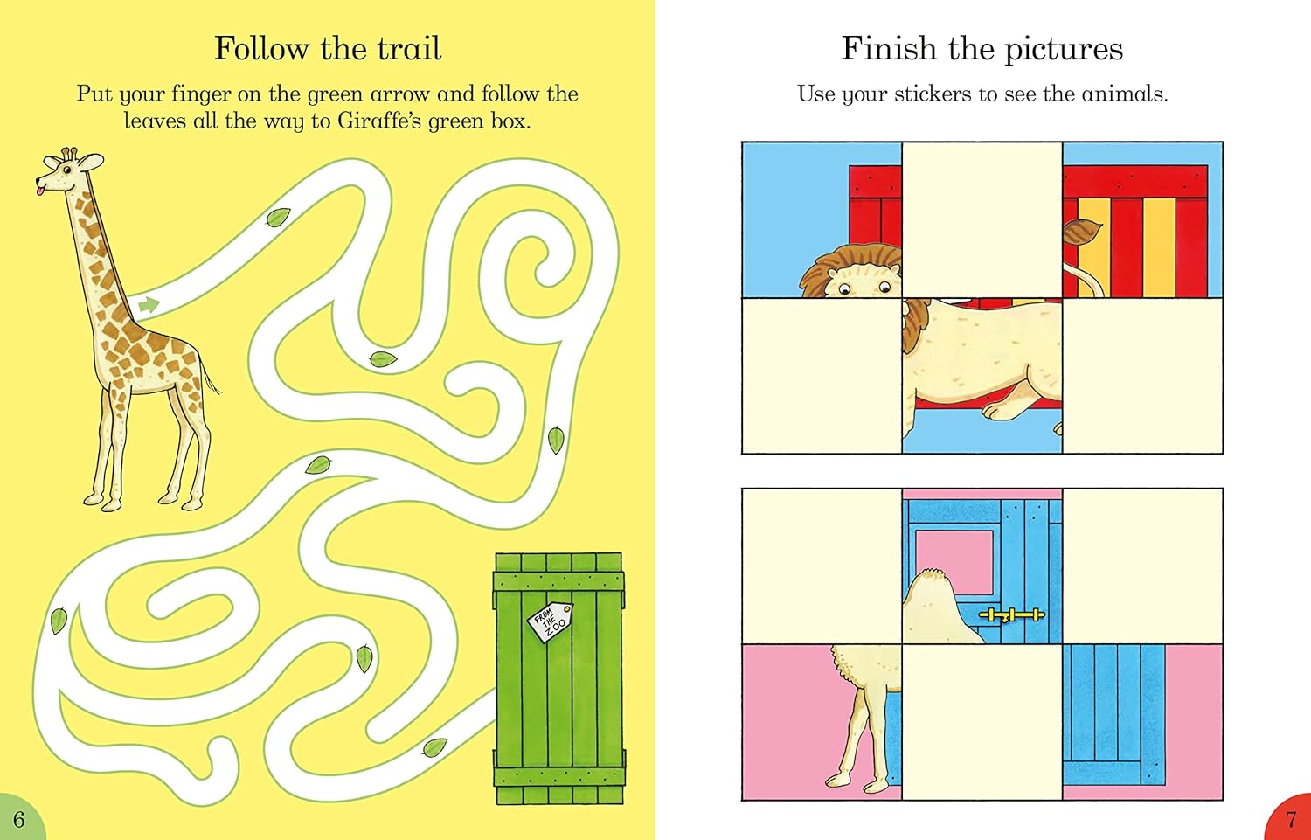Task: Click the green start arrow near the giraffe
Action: (x=149, y=305)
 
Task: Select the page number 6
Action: (x=18, y=820)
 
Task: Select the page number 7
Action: (x=1291, y=820)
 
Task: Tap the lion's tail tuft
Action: (x=1080, y=235)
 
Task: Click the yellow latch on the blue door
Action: (x=1011, y=615)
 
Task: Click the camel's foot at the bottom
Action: (x=841, y=779)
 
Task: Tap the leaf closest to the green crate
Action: (x=434, y=747)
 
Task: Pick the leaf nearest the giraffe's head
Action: (x=279, y=217)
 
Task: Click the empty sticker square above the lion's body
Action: (x=982, y=219)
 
